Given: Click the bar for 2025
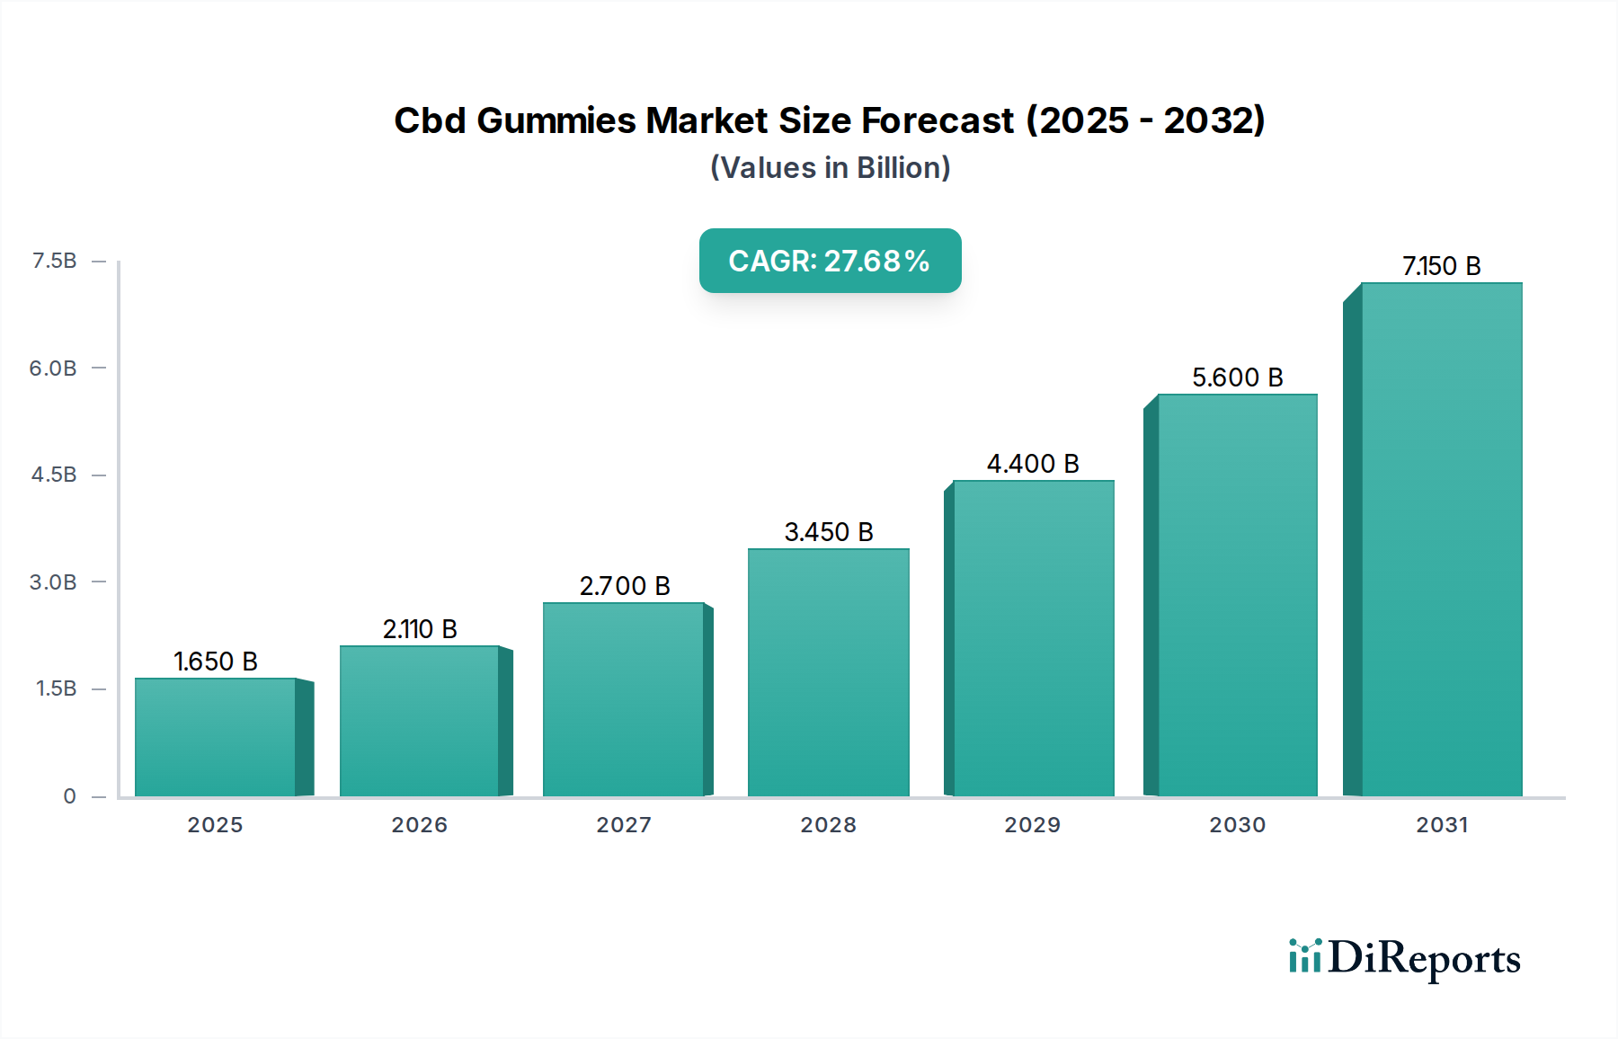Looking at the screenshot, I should [x=216, y=737].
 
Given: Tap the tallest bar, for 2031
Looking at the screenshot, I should [x=1441, y=539].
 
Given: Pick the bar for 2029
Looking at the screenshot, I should [x=1033, y=638].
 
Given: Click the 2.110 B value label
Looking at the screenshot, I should [x=420, y=629].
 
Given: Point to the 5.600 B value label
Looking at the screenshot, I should [x=1237, y=377].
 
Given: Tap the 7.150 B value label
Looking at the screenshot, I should [x=1441, y=266].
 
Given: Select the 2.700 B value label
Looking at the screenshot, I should [x=625, y=586].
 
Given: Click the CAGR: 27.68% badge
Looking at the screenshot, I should [x=830, y=261].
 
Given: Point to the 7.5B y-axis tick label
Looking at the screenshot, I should [x=54, y=261].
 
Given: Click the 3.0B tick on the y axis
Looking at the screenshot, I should [x=53, y=582].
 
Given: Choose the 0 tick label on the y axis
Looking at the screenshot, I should [x=69, y=796].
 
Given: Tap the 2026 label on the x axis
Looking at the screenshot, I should [x=419, y=825].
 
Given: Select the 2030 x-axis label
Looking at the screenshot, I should [x=1237, y=825].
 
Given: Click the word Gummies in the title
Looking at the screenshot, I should [x=556, y=120].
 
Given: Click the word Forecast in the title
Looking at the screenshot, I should [x=938, y=120].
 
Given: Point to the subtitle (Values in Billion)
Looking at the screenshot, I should [x=830, y=168].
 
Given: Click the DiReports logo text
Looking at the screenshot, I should [x=1424, y=958].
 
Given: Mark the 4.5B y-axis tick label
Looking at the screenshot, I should [x=54, y=475].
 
